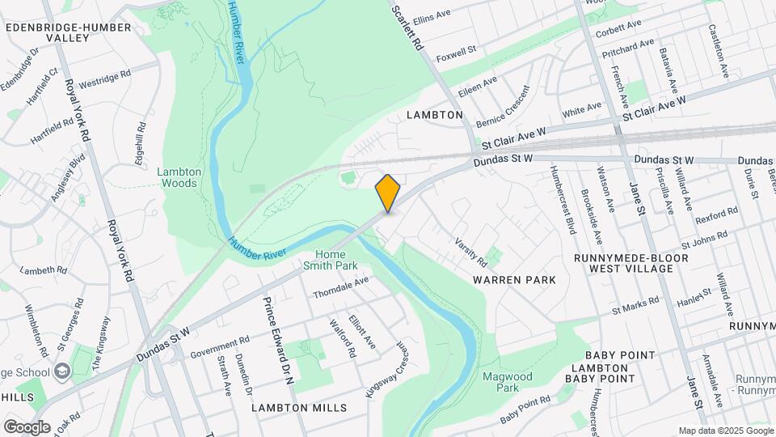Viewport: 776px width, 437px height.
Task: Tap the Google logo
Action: pos(27,426)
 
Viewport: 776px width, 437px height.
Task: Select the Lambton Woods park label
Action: pos(177,176)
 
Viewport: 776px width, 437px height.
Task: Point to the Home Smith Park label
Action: pos(330,259)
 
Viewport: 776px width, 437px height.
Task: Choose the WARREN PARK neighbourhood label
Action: pos(514,280)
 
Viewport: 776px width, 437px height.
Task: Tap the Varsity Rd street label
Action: pos(470,252)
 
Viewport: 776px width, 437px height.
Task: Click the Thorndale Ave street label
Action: pos(340,286)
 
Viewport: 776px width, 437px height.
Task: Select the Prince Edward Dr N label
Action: pos(277,339)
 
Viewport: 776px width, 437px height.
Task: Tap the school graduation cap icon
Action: pos(62,372)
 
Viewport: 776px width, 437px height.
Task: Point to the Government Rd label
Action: pos(220,348)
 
